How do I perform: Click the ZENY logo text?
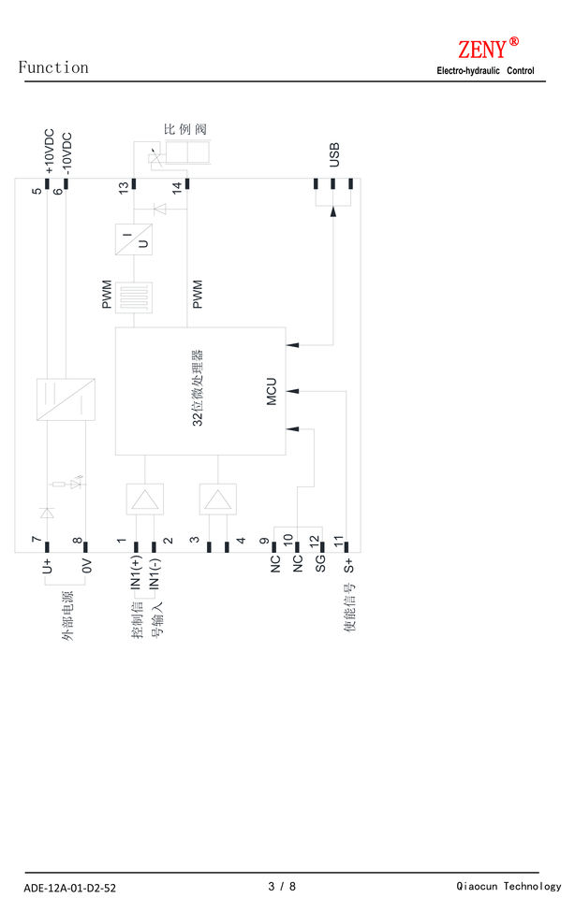[x=482, y=49]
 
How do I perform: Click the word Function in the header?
[x=53, y=67]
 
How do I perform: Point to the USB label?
[x=334, y=155]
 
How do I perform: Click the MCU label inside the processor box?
[x=272, y=392]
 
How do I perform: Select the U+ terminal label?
[x=46, y=565]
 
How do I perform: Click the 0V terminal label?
[x=85, y=565]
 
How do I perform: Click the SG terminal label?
[x=320, y=563]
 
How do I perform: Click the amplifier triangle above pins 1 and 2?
[x=145, y=499]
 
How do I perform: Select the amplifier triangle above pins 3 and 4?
[x=217, y=499]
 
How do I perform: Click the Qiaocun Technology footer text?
[x=509, y=886]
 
